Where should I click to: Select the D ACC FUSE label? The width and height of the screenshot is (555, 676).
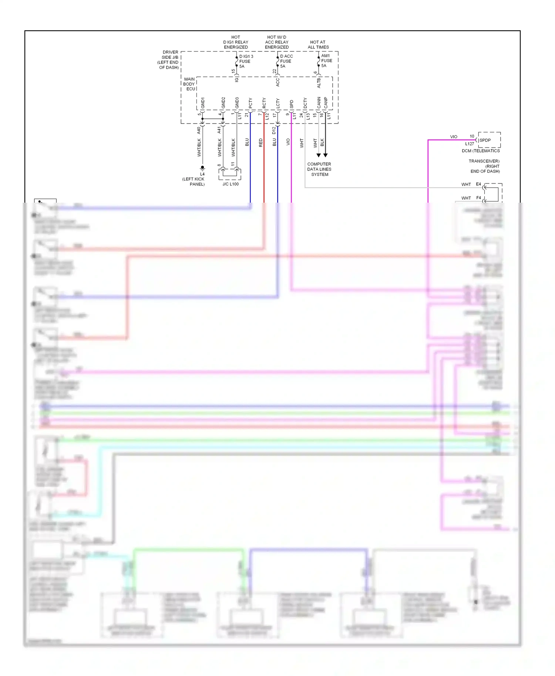(286, 61)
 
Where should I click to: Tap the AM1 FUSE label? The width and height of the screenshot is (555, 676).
(326, 61)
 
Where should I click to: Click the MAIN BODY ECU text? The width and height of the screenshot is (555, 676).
(189, 84)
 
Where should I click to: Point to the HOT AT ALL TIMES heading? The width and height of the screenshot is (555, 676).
(318, 45)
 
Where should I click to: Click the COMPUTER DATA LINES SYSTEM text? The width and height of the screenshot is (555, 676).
(319, 169)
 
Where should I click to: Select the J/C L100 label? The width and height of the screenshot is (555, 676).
(231, 184)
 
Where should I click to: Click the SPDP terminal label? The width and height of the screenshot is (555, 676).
(485, 141)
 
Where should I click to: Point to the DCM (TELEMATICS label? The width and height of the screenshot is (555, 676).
(481, 151)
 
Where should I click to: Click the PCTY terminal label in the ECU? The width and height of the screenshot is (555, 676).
(250, 103)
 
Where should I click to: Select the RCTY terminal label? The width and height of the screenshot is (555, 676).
(264, 103)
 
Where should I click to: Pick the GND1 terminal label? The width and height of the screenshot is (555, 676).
(203, 103)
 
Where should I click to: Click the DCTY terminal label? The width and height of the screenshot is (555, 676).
(305, 103)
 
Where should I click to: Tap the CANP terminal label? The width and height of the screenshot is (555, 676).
(326, 103)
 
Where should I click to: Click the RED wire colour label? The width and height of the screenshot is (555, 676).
(261, 143)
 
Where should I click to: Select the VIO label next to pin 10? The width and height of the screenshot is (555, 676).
(454, 137)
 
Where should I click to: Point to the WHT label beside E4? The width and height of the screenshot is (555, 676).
(466, 185)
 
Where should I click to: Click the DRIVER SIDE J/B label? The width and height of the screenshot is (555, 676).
(170, 60)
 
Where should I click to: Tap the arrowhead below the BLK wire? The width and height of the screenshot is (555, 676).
(326, 155)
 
